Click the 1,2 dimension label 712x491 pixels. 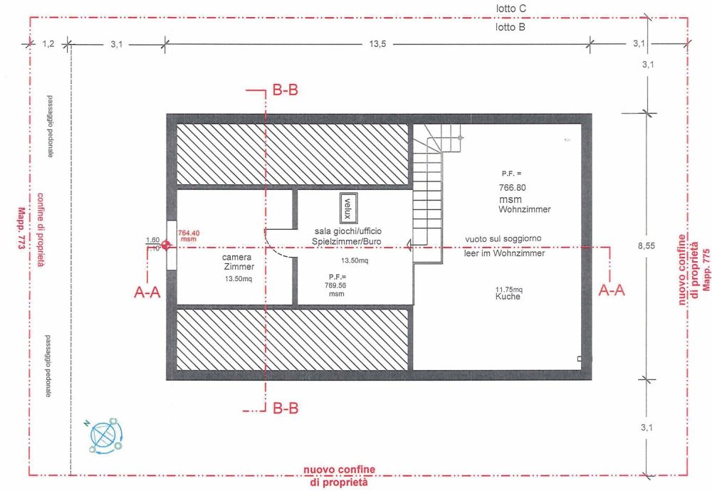(x=48, y=44)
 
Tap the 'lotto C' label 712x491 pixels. (x=511, y=9)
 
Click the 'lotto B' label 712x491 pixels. (x=511, y=28)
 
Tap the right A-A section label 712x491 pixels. (x=613, y=290)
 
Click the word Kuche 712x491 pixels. (x=508, y=297)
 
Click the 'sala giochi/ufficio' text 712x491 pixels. (x=352, y=232)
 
